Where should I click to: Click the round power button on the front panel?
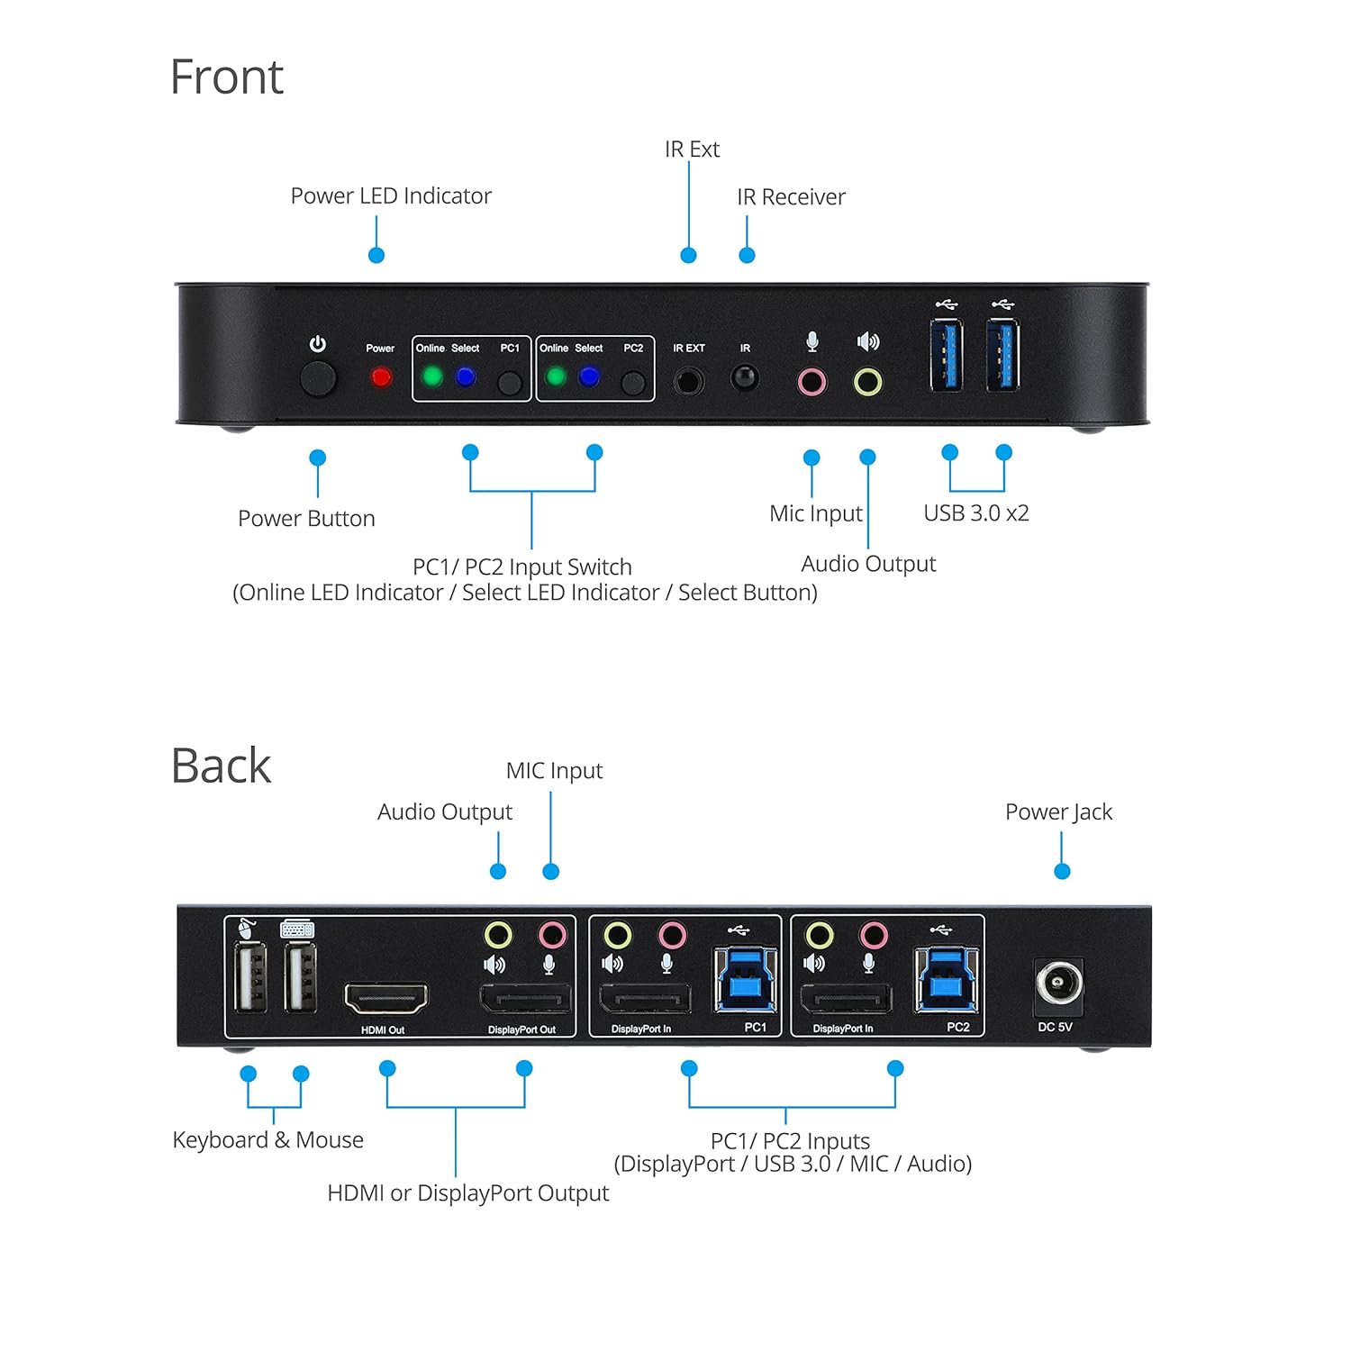tap(318, 379)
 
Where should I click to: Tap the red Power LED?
tap(381, 376)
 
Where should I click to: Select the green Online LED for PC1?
tap(432, 376)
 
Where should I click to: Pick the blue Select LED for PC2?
tap(589, 376)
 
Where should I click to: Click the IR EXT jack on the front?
tap(689, 380)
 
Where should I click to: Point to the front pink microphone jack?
tap(812, 382)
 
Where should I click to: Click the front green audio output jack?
tap(867, 382)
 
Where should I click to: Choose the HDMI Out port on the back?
tap(386, 998)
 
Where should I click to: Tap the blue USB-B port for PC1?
tap(746, 980)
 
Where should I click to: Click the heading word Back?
tap(221, 766)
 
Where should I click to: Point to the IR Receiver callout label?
tap(791, 197)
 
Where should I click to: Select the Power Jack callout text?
tap(1058, 812)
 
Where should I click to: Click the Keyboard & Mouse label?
tap(267, 1140)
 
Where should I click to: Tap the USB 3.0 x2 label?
tap(975, 513)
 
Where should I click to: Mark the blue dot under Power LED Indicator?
tap(376, 256)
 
